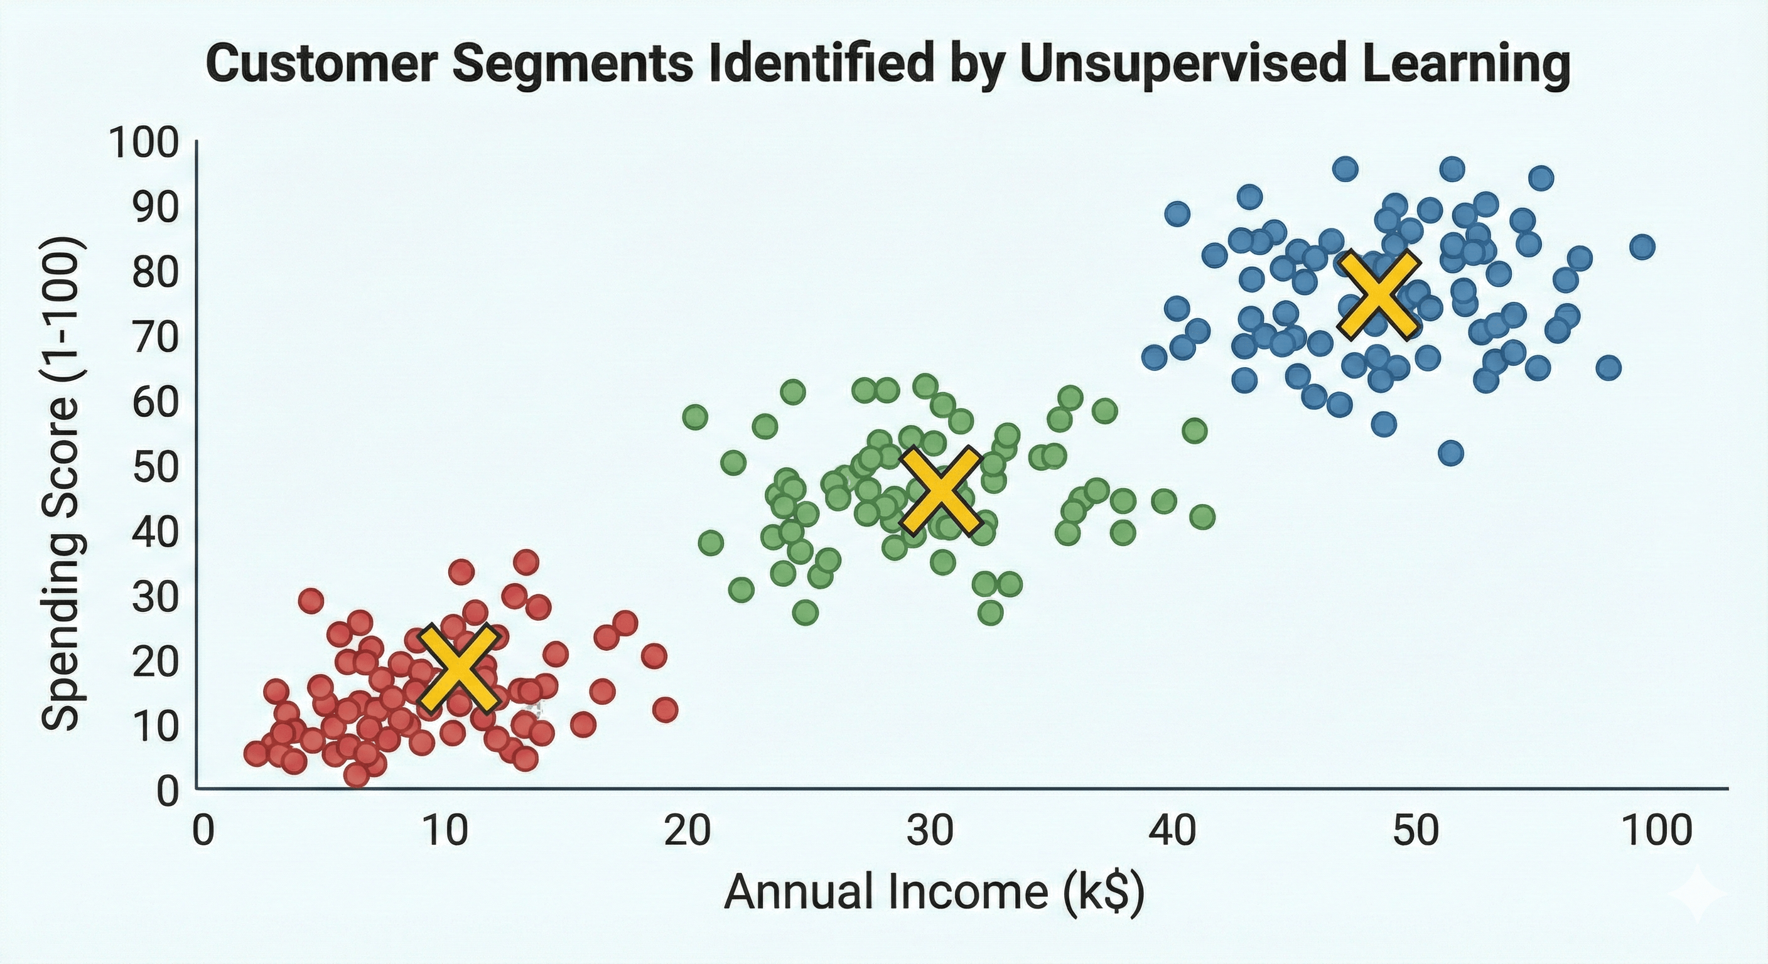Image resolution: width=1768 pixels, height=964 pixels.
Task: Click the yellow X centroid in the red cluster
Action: point(458,668)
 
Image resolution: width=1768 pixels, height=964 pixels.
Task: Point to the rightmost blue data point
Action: point(1642,246)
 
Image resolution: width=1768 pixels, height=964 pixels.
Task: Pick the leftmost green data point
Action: point(695,417)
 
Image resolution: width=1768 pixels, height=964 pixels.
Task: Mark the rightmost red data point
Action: point(665,709)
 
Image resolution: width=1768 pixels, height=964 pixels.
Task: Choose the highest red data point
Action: point(526,562)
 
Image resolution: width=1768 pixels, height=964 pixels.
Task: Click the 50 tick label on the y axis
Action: point(154,468)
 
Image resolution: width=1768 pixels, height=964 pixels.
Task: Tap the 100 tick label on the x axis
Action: point(1657,831)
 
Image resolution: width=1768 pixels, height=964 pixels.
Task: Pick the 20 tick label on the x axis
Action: point(687,831)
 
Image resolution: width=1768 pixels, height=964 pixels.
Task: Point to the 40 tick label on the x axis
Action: point(1172,831)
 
